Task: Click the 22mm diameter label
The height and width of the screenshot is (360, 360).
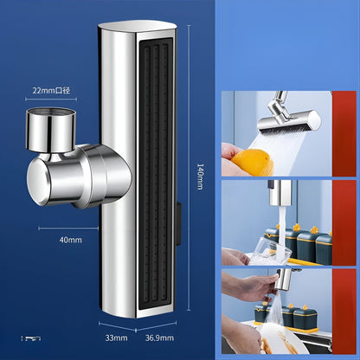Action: [x=51, y=91]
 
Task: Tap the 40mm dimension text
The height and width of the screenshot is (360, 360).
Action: [x=70, y=240]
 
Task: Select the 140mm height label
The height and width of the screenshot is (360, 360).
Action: [x=200, y=177]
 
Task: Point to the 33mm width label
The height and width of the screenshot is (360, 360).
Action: [x=116, y=337]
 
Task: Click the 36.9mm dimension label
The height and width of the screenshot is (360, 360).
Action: [x=159, y=337]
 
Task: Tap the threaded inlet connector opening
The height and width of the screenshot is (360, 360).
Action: [x=51, y=111]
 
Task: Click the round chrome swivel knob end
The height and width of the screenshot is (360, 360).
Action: [x=38, y=182]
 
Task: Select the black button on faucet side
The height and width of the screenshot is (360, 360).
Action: [x=179, y=224]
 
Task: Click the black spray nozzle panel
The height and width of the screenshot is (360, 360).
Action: [x=157, y=177]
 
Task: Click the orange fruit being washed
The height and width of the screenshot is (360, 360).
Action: [x=253, y=163]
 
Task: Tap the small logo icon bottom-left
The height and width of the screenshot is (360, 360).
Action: [x=31, y=338]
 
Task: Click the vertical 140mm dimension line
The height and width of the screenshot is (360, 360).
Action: [x=189, y=168]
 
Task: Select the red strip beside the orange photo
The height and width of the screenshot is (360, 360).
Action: [x=344, y=133]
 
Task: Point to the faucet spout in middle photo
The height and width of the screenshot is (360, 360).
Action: [x=280, y=193]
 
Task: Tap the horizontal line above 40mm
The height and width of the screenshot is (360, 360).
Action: [x=68, y=228]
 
